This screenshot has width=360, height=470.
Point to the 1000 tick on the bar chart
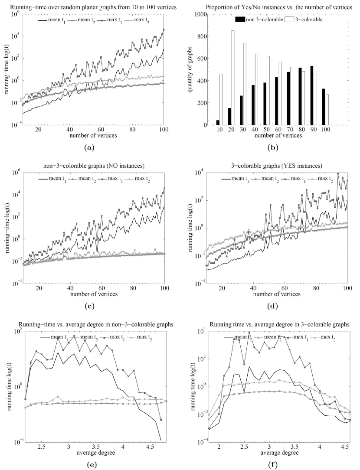(x=202, y=14)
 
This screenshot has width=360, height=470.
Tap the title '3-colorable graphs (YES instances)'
(x=269, y=164)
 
